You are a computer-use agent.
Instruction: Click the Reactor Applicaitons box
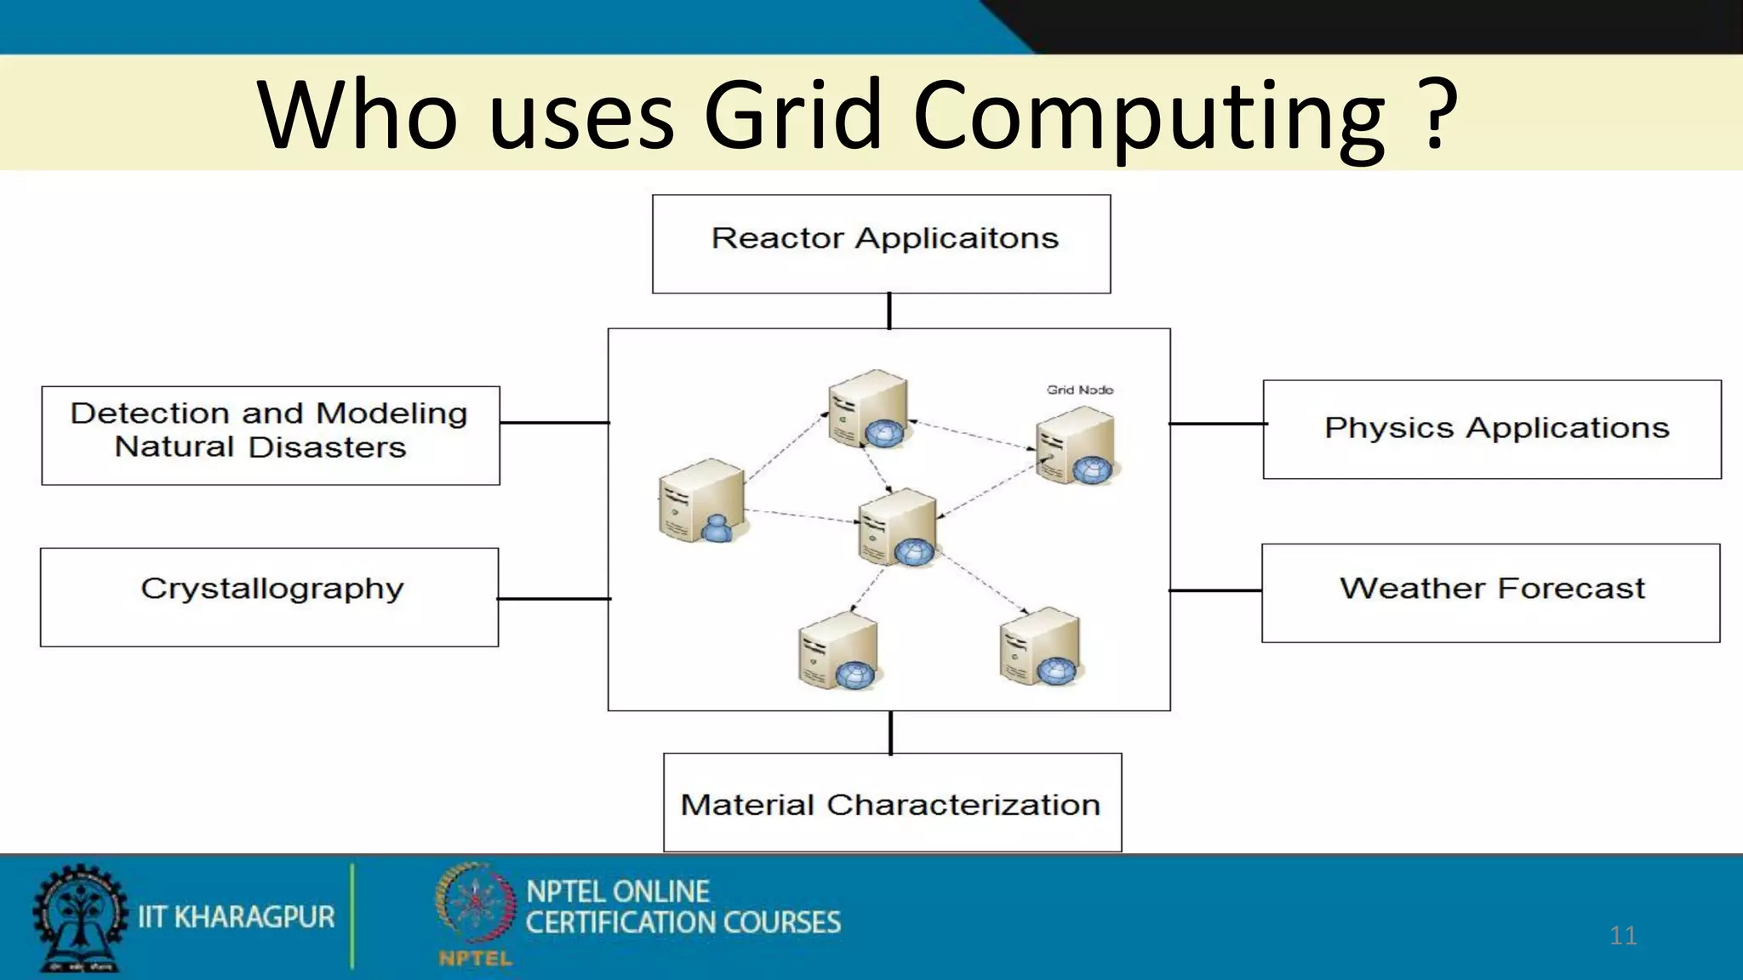click(x=881, y=244)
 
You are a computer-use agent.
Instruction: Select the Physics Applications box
click(x=1491, y=430)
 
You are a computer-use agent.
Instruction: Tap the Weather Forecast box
click(x=1490, y=593)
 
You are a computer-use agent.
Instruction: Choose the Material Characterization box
click(x=892, y=802)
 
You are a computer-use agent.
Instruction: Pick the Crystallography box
click(x=269, y=597)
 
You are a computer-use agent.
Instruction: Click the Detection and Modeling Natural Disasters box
click(x=271, y=436)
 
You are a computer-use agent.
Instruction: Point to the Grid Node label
click(x=1079, y=390)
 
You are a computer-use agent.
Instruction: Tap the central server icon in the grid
click(x=898, y=527)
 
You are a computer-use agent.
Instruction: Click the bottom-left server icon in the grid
click(x=839, y=651)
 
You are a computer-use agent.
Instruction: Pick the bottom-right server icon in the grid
click(x=1040, y=647)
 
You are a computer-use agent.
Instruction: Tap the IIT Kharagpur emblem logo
click(x=79, y=917)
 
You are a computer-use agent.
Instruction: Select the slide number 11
click(x=1623, y=936)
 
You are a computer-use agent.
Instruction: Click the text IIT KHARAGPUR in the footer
click(x=237, y=917)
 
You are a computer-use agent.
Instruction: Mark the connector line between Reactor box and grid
click(x=889, y=311)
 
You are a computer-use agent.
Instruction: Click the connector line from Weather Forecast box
click(x=1215, y=590)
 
